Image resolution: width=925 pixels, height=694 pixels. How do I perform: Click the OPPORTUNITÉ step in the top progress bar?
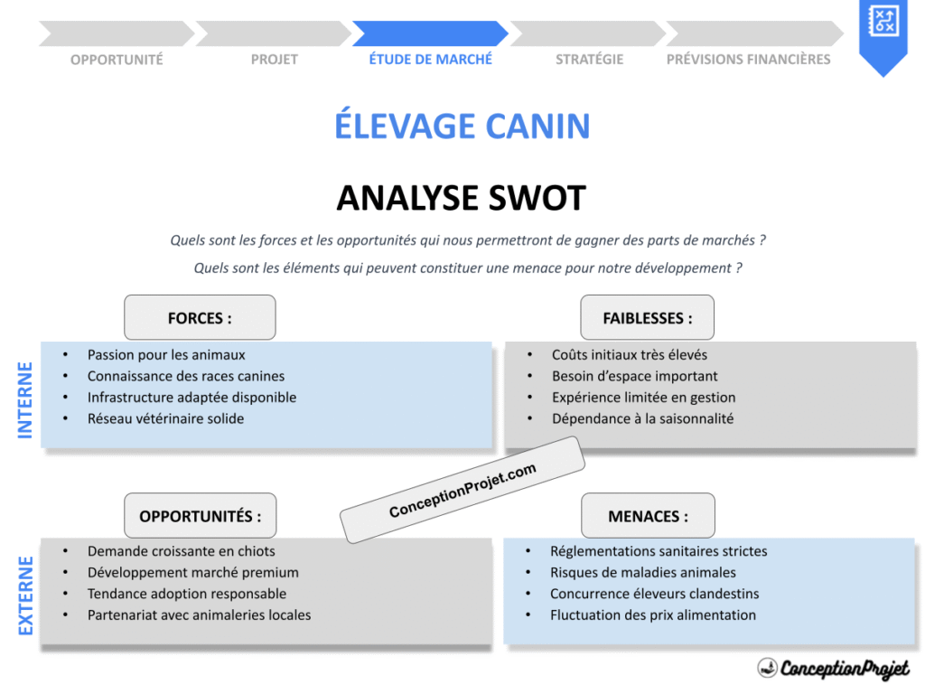click(x=117, y=59)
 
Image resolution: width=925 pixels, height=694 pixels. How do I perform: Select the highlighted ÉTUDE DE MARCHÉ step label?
click(x=431, y=59)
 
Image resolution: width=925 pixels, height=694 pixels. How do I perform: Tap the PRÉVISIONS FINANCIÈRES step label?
click(x=748, y=59)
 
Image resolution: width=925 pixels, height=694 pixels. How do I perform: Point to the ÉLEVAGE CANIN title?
click(x=462, y=125)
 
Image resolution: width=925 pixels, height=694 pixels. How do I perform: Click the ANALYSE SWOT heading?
click(x=462, y=197)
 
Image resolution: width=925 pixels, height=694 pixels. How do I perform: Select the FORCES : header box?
click(x=200, y=317)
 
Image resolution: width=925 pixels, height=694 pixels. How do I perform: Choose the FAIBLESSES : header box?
click(x=648, y=317)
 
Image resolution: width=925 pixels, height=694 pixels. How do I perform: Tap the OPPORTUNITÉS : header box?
click(x=200, y=516)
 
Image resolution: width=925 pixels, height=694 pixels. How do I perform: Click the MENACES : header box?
click(x=648, y=516)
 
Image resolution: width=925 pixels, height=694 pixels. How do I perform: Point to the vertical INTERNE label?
click(x=25, y=400)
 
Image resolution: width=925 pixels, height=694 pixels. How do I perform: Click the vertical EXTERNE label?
click(x=25, y=596)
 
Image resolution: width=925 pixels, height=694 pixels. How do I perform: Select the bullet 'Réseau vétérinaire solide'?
click(x=165, y=418)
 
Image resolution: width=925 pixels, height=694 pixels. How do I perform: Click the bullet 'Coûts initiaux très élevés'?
click(x=630, y=355)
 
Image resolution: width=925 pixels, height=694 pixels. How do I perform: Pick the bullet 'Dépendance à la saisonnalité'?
click(x=642, y=418)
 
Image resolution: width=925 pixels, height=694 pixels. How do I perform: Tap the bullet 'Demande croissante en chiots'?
click(x=181, y=551)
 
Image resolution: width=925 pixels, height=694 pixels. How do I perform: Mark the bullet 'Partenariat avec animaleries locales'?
click(x=199, y=614)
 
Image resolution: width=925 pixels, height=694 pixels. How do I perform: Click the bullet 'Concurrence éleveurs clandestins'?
click(x=654, y=594)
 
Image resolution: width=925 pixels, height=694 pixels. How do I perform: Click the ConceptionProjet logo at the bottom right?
click(x=833, y=668)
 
